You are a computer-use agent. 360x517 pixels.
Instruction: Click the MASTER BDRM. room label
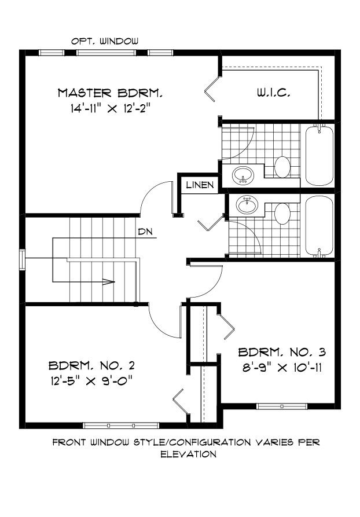tap(110, 93)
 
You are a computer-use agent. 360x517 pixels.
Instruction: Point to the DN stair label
tap(145, 233)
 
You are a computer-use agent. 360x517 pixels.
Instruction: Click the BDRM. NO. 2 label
tap(91, 365)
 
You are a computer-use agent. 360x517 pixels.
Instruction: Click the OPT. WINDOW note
tap(105, 41)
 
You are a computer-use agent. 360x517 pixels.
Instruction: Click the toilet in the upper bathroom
tap(283, 167)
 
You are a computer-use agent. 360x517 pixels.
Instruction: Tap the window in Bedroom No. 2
tap(113, 426)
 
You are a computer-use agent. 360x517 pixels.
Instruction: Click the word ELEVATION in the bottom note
tap(188, 454)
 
